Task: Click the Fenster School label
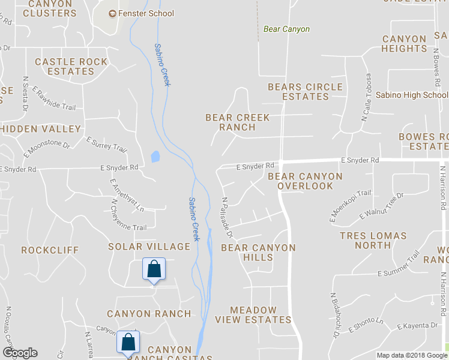pos(147,13)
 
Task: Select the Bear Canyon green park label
pos(286,29)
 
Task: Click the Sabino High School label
pos(411,95)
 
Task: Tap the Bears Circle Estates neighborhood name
pos(305,91)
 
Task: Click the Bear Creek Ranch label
pos(237,122)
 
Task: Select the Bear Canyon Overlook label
pos(305,181)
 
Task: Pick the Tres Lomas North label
pos(373,240)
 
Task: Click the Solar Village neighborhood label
pos(149,247)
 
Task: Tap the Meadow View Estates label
pos(253,315)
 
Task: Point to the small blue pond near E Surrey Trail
pos(155,157)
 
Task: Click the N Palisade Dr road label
pos(226,218)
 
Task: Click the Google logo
pos(19,353)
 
